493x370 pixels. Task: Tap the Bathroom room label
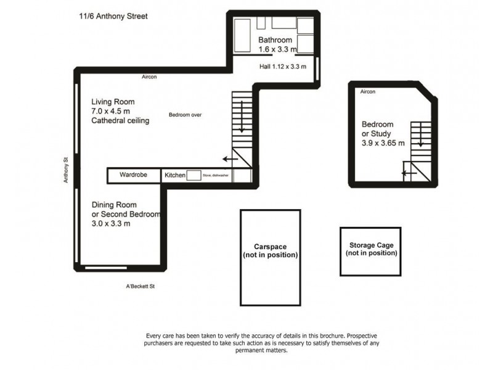(275, 41)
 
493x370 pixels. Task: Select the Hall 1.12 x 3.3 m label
(282, 67)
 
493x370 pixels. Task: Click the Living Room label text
(113, 102)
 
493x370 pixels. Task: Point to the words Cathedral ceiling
(120, 121)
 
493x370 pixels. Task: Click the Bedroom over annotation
(185, 115)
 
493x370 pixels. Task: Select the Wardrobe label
(133, 175)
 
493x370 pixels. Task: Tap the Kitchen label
(175, 176)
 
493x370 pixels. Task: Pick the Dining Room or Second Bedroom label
(126, 214)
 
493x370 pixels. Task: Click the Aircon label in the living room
(149, 77)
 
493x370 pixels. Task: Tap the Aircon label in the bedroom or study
(368, 92)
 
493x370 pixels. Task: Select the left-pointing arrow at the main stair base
(230, 159)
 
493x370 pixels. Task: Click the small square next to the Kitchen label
(194, 176)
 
